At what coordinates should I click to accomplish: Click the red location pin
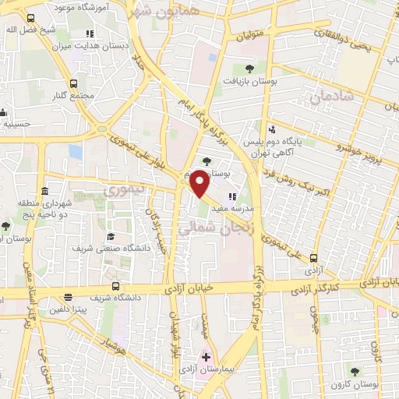click(200, 182)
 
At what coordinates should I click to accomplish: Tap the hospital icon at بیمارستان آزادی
click(206, 357)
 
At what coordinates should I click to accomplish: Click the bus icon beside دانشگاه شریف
click(115, 286)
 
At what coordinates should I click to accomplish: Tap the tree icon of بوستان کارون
click(355, 373)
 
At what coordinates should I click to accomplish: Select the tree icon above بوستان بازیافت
click(249, 69)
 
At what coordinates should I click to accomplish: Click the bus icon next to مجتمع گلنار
click(74, 83)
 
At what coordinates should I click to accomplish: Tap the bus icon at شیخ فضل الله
click(30, 17)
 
